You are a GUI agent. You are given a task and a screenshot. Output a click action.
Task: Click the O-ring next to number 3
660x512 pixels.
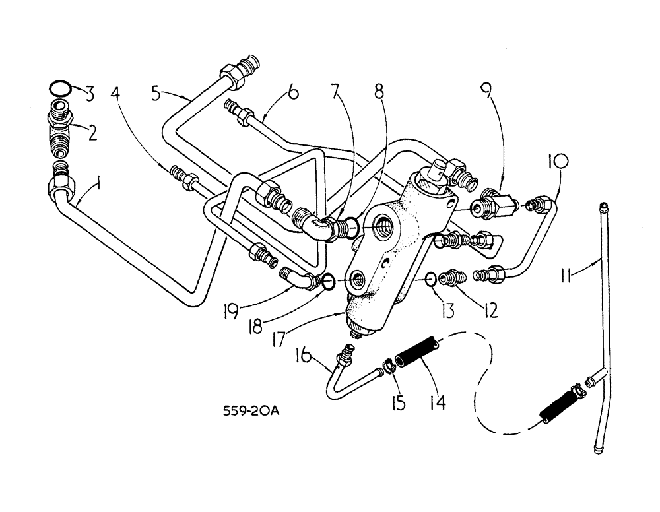pos(60,87)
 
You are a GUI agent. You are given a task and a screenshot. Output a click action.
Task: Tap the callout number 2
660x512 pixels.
pos(92,133)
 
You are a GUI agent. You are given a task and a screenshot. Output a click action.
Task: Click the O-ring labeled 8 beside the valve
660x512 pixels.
pos(352,228)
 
